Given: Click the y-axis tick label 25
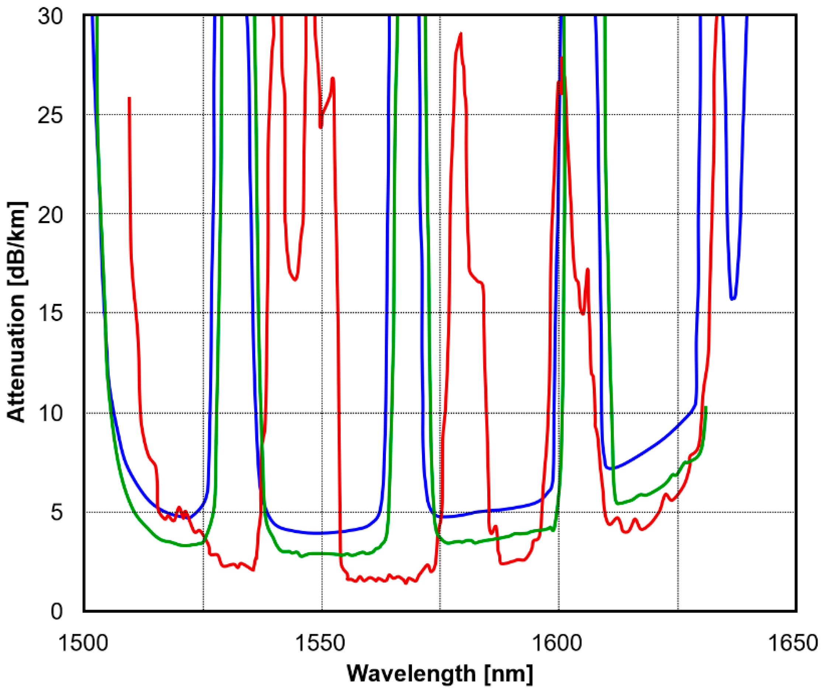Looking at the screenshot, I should pyautogui.click(x=50, y=116).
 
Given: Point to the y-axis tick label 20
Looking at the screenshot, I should pyautogui.click(x=50, y=215).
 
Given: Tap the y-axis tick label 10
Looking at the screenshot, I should pyautogui.click(x=50, y=413).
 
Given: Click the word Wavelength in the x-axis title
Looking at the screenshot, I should pyautogui.click(x=412, y=674).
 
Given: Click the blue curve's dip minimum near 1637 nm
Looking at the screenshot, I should pyautogui.click(x=733, y=299).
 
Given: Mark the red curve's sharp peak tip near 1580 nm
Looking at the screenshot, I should pyautogui.click(x=460, y=34).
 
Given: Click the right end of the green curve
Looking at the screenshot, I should pyautogui.click(x=706, y=407).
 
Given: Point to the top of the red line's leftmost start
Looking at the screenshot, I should pyautogui.click(x=129, y=98).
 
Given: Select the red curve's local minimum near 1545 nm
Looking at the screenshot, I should pyautogui.click(x=295, y=279).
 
